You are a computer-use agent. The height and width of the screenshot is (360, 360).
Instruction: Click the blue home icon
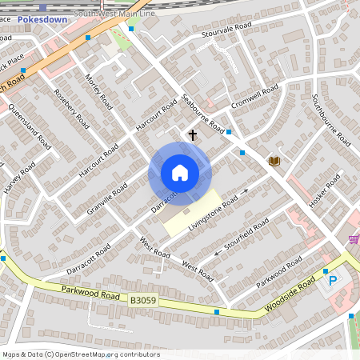click(x=180, y=172)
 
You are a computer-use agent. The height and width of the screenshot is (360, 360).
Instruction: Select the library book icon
click(x=274, y=161)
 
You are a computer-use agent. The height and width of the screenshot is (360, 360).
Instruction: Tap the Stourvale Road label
click(x=226, y=36)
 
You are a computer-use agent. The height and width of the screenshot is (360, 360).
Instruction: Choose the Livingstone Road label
click(x=214, y=213)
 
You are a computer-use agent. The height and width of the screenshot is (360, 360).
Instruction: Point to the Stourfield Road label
click(x=245, y=234)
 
